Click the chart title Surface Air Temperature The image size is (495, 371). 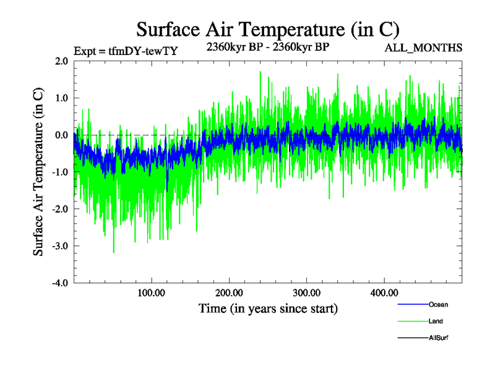[x=267, y=29]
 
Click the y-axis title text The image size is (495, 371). [x=38, y=172]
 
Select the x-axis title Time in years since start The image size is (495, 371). [x=268, y=308]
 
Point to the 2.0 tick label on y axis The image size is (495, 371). [x=61, y=61]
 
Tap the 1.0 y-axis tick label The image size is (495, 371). [x=61, y=98]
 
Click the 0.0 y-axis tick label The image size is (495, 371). [x=61, y=135]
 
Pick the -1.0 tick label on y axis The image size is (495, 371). [x=60, y=172]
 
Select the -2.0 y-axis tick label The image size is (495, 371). [x=60, y=209]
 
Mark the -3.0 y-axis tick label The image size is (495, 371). [x=60, y=246]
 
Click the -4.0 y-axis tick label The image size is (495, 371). [x=60, y=283]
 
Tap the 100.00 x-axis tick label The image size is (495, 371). [x=151, y=292]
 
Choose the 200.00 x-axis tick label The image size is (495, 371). [x=229, y=292]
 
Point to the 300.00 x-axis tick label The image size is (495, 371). [x=306, y=292]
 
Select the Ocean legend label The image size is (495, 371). [x=438, y=305]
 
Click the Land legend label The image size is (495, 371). [x=436, y=322]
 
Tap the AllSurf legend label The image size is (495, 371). [x=438, y=338]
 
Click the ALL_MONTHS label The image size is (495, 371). [x=423, y=48]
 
